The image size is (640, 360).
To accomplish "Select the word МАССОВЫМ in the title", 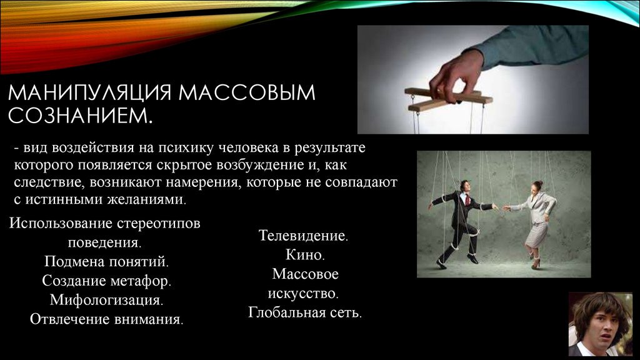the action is point(247,92).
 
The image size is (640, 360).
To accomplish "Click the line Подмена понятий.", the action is point(106,261).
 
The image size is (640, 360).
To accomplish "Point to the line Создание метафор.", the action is point(106,281).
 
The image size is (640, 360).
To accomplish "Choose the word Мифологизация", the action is point(106,300).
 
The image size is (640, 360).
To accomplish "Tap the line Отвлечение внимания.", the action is point(106,319).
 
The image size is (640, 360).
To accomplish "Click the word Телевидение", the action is point(303,236).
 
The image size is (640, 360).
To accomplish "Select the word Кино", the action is point(305,255).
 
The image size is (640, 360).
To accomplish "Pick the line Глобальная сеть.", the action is point(305,312).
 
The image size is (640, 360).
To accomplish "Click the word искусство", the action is point(303,294).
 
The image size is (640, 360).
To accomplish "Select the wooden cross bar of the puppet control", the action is point(449,98).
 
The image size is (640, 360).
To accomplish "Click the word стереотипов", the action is point(158,224).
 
